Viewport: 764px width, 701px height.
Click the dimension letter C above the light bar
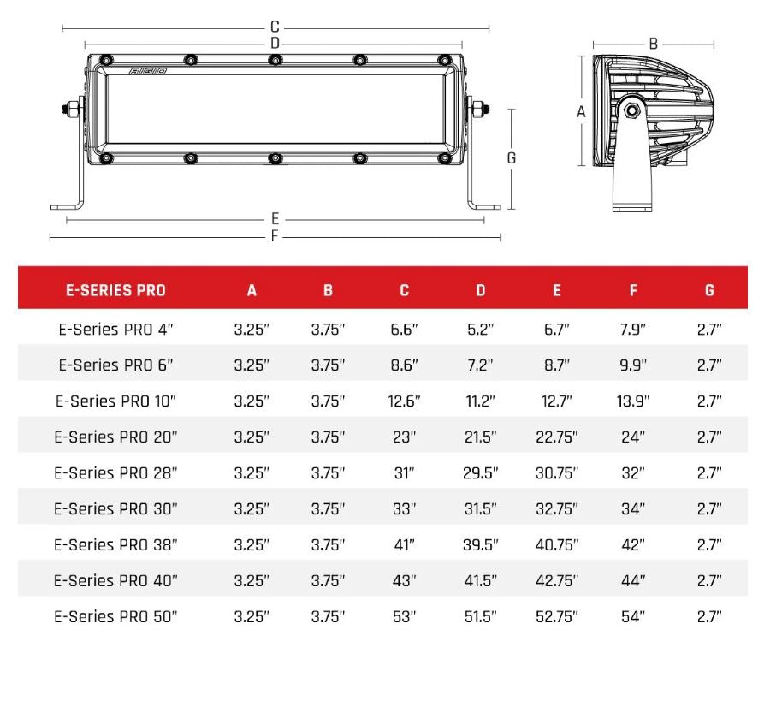(275, 27)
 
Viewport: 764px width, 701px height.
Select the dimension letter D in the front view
(275, 43)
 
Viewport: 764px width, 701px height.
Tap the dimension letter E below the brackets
(275, 220)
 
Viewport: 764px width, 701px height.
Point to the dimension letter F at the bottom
(275, 236)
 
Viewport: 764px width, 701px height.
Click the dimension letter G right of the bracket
(512, 158)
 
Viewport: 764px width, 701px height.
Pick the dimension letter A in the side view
(581, 112)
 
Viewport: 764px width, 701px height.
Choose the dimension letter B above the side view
(653, 44)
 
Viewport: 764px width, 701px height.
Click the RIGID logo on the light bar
(147, 72)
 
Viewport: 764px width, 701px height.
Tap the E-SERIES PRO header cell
(115, 290)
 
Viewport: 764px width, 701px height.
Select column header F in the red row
(633, 290)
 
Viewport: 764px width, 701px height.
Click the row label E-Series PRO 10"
(115, 401)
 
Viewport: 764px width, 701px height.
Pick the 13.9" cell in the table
(633, 401)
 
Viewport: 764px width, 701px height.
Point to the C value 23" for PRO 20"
(404, 437)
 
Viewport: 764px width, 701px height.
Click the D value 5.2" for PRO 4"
(480, 329)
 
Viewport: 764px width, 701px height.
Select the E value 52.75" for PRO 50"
(556, 616)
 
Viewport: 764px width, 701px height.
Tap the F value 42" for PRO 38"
(633, 544)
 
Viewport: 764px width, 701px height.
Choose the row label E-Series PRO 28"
(115, 472)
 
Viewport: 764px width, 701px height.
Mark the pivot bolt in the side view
(631, 110)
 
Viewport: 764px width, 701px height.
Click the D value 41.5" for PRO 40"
(480, 580)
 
